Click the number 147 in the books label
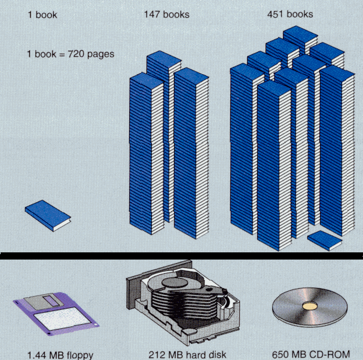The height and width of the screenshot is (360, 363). click(x=152, y=14)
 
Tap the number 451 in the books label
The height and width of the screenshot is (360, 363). click(x=275, y=14)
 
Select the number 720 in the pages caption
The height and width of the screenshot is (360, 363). click(x=76, y=54)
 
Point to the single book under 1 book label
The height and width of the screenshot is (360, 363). click(x=48, y=216)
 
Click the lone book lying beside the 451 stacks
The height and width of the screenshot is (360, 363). click(x=325, y=240)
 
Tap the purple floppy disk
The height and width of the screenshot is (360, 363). click(x=56, y=313)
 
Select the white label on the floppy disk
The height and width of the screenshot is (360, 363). click(x=62, y=319)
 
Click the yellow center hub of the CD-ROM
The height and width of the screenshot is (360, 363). click(x=310, y=306)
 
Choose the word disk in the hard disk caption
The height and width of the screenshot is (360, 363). click(x=217, y=355)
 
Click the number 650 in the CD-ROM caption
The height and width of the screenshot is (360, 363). click(x=280, y=355)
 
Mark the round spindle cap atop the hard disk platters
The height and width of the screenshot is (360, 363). click(x=175, y=283)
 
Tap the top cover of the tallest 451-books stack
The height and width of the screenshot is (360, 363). click(x=300, y=33)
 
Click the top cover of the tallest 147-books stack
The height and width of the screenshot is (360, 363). click(x=164, y=59)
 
